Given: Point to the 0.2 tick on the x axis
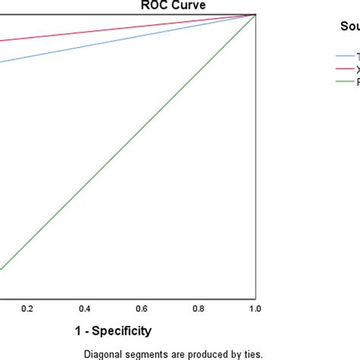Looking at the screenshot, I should pos(27,308).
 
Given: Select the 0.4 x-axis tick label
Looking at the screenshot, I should pos(84,308).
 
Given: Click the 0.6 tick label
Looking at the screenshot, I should pos(141,308).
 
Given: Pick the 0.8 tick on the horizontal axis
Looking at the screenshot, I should pos(198,308).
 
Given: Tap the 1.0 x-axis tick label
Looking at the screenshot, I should pos(254,308).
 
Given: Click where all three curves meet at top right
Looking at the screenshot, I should pos(254,14).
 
